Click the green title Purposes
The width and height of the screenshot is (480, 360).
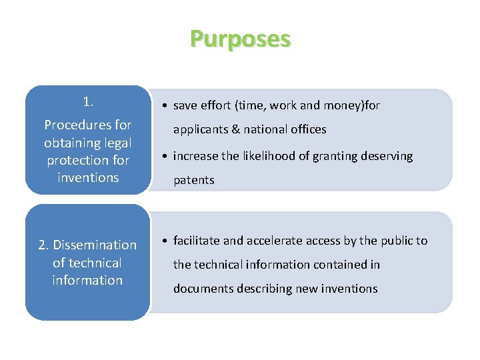[240, 39]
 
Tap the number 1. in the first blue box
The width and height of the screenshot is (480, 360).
[88, 102]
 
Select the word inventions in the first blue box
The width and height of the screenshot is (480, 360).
[88, 178]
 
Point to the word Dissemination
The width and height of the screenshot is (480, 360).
[95, 245]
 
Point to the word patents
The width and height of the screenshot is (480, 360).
[194, 180]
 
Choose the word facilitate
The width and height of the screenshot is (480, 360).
[196, 241]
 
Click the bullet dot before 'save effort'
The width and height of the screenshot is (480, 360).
[165, 105]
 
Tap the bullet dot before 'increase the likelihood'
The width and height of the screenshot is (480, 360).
[165, 156]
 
